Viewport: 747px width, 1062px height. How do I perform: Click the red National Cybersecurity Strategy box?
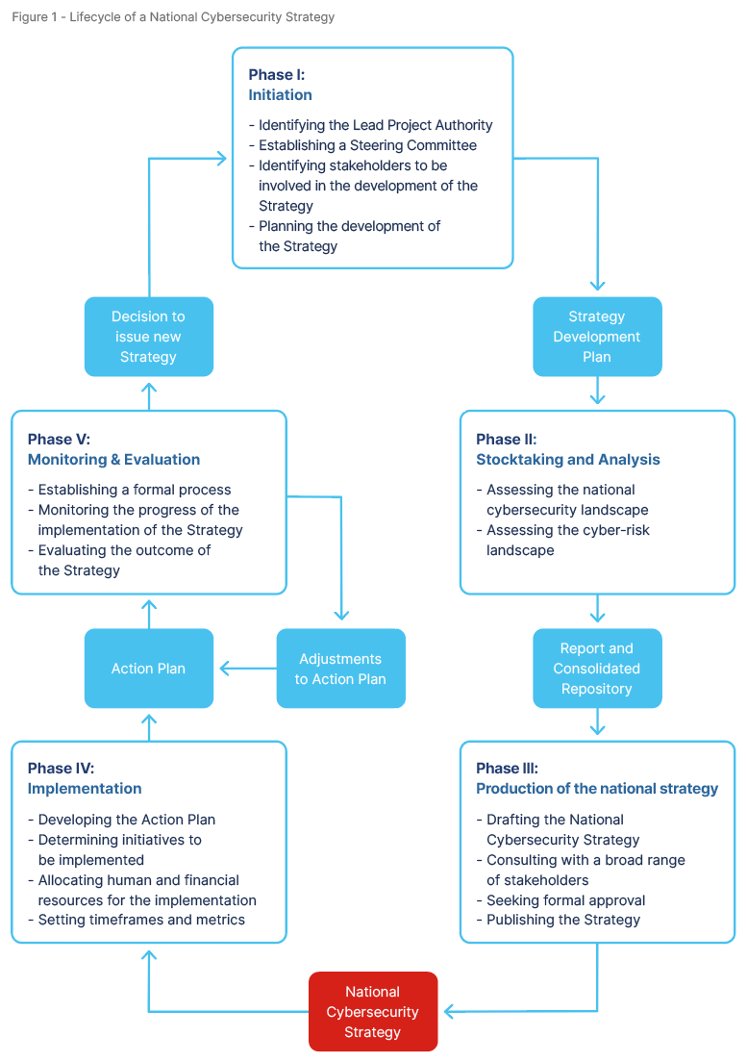tap(372, 1011)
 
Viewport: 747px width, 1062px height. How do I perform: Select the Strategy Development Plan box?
tap(597, 337)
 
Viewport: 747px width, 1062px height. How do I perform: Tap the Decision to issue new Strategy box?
tap(148, 337)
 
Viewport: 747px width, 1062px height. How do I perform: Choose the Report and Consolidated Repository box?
tap(597, 669)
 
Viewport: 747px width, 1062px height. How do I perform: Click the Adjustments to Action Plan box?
tap(340, 669)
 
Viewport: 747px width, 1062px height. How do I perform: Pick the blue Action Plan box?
tap(148, 669)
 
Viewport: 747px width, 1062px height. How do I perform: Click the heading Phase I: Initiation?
tap(280, 85)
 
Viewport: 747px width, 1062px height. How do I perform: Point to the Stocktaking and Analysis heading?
tap(567, 460)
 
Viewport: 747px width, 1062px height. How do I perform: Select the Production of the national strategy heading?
tap(596, 789)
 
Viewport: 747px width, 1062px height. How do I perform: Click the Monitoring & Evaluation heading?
tap(113, 460)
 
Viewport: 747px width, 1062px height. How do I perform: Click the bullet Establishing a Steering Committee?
tap(367, 145)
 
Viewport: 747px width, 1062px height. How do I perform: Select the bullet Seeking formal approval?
tap(565, 900)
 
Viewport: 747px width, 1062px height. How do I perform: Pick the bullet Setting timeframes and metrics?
tap(141, 920)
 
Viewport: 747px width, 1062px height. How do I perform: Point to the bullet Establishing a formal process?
tap(135, 490)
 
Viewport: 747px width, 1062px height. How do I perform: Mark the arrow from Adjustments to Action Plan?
tap(248, 669)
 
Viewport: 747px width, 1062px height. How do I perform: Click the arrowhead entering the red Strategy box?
tap(448, 1011)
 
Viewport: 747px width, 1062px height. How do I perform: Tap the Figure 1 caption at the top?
tap(173, 17)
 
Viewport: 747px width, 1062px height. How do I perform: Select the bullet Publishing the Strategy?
tap(562, 920)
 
